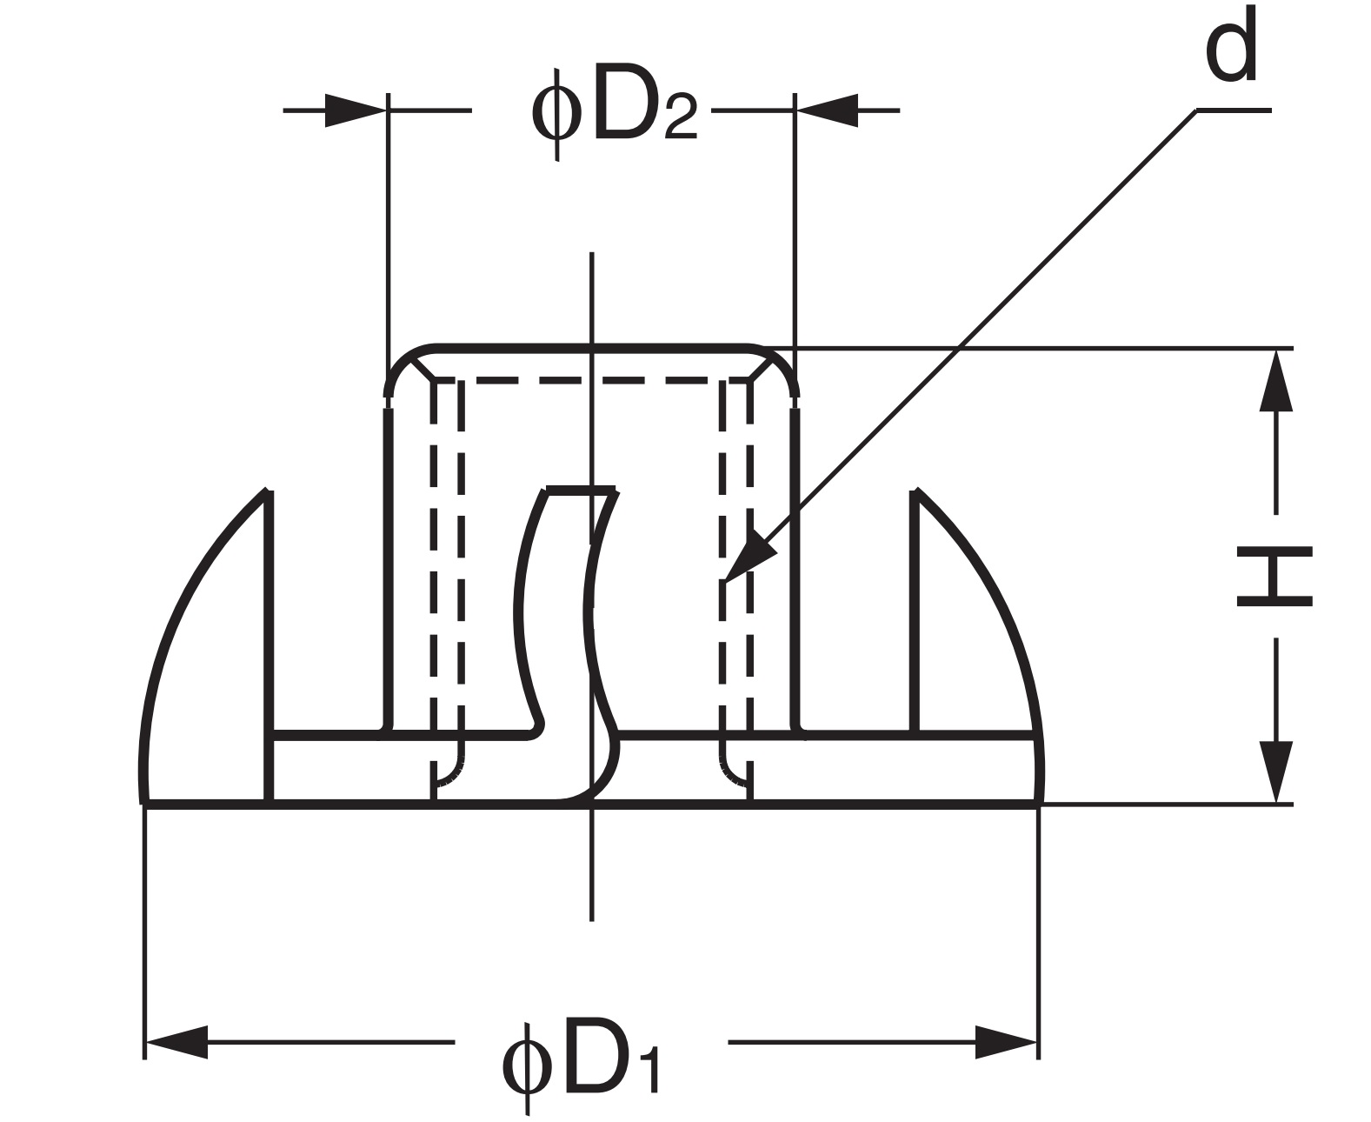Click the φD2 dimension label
tap(614, 113)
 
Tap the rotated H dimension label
tap(1274, 577)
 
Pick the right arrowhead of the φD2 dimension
tap(827, 110)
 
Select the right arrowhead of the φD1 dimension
tap(1007, 1041)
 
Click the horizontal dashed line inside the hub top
tap(591, 381)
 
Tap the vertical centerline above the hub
tap(591, 296)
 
